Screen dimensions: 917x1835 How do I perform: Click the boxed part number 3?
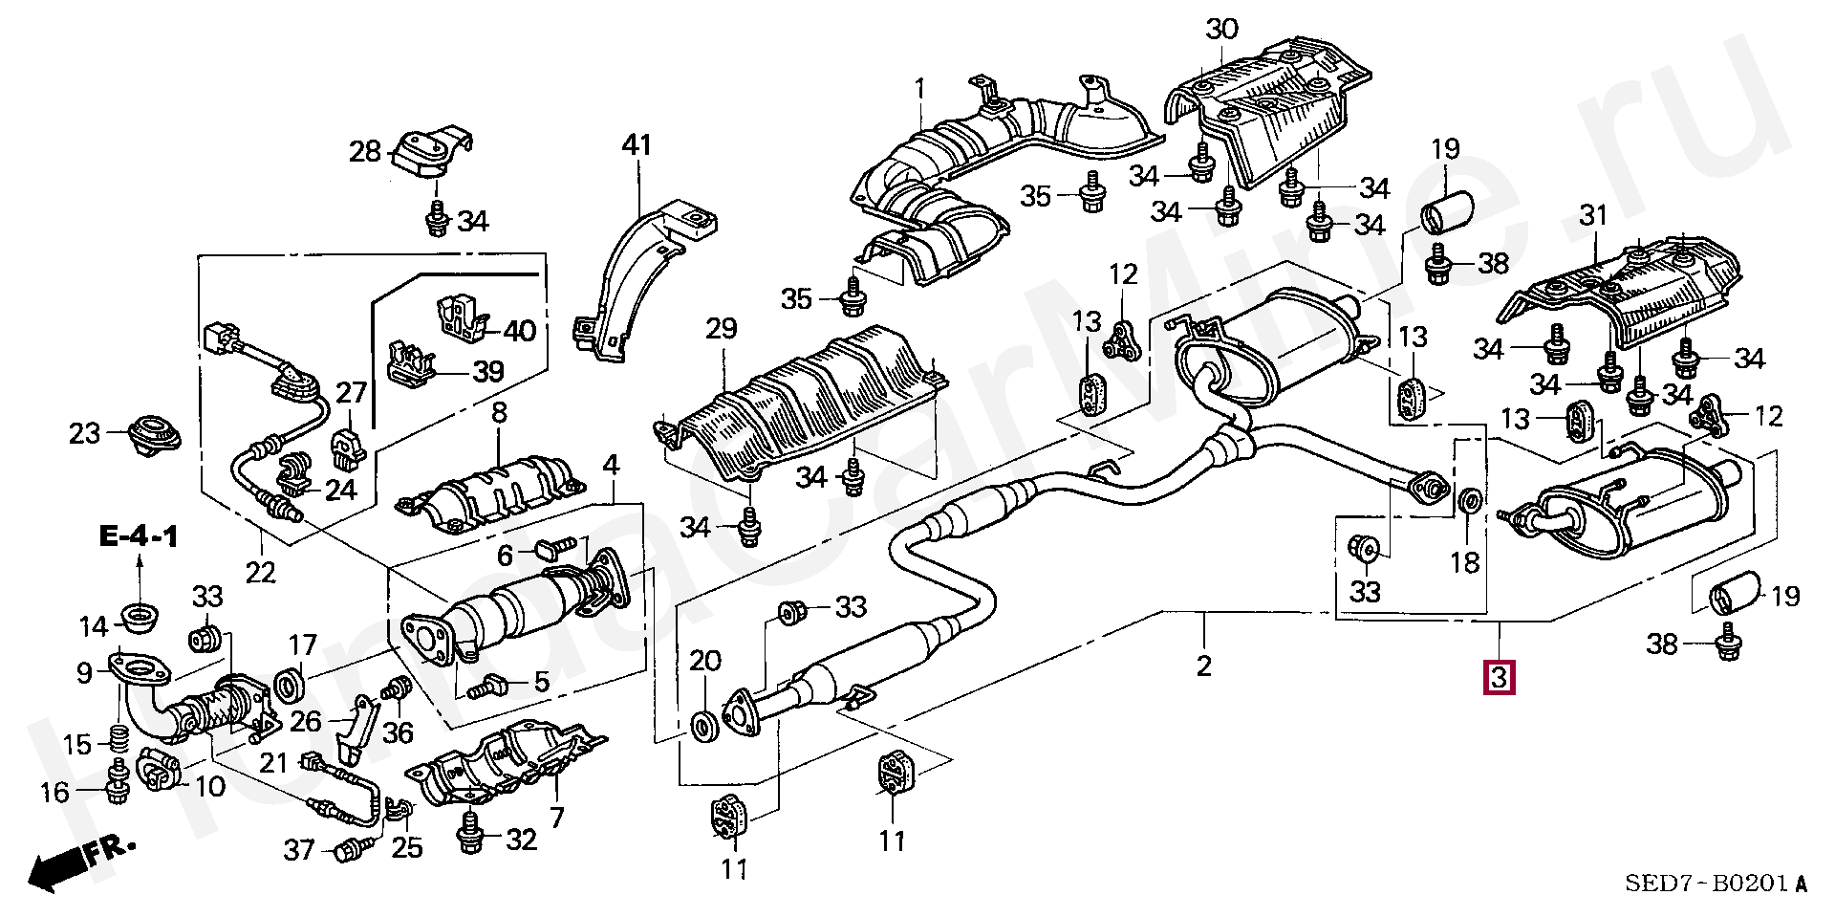coord(1498,678)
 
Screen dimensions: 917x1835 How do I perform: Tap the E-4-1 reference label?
coord(139,537)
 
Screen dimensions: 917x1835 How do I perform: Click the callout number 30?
coord(1220,29)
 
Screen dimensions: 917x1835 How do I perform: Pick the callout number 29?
coord(722,329)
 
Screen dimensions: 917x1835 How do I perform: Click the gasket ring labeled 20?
coord(702,725)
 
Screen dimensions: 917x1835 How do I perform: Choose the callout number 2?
coord(1203,665)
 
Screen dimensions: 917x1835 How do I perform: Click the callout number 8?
coord(498,414)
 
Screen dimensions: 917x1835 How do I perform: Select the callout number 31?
coord(1593,216)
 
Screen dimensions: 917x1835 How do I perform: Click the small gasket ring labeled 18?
coord(1471,499)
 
